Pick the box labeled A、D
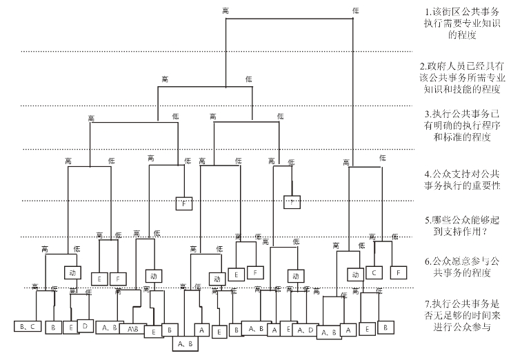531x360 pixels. (x=305, y=330)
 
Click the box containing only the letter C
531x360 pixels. (x=374, y=272)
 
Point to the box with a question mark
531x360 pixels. (x=292, y=202)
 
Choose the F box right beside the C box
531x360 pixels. (x=399, y=272)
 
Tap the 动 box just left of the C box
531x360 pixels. (x=354, y=274)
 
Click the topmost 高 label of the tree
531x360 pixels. (x=226, y=10)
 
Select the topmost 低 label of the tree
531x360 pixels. (x=355, y=10)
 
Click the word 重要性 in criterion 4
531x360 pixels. (x=486, y=186)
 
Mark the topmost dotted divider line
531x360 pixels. (x=217, y=51)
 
